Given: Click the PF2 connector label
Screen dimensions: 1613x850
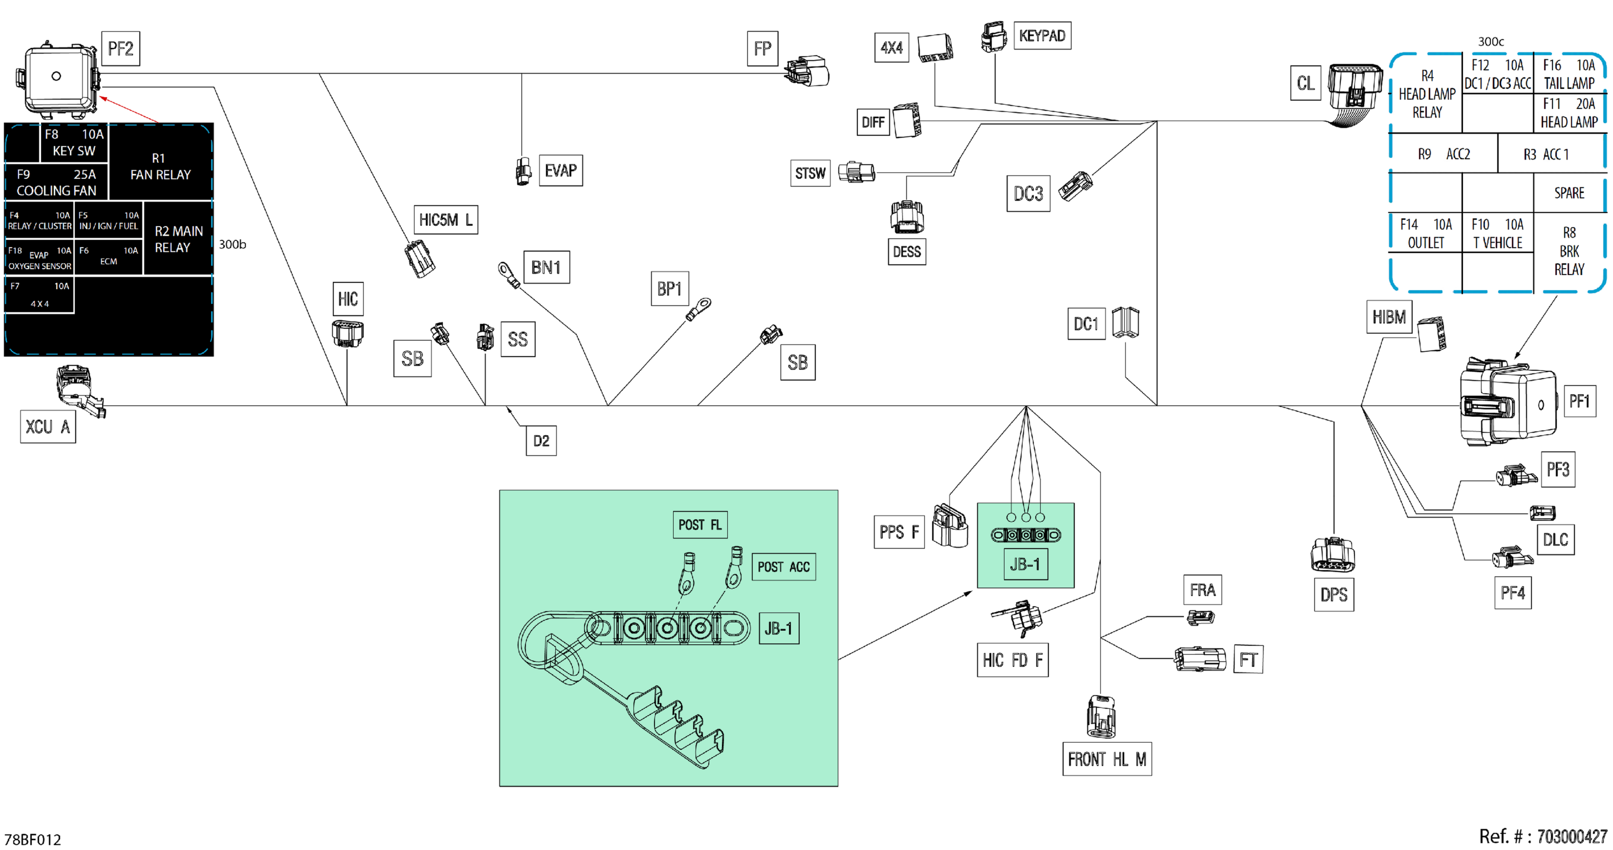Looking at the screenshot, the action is click(x=120, y=48).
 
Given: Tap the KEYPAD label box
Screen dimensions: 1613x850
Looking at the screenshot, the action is click(x=1042, y=35).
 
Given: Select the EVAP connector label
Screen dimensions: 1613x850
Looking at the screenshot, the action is click(x=560, y=170).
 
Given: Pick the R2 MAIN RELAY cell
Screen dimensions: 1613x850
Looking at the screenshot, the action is click(x=178, y=238).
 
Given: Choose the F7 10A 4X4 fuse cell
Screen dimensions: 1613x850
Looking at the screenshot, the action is click(x=39, y=294).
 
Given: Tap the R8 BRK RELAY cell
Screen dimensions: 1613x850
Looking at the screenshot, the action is click(x=1569, y=250).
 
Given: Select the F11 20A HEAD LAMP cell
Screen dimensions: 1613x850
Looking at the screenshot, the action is click(x=1569, y=112).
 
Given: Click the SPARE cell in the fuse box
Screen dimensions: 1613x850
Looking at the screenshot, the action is click(x=1569, y=193).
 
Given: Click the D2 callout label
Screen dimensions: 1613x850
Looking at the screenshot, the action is click(x=541, y=441).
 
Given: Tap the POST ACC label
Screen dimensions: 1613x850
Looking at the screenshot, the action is click(x=783, y=567).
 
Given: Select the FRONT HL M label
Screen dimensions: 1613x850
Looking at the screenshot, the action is click(x=1107, y=759).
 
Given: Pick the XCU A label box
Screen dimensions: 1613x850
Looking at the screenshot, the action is click(x=47, y=426).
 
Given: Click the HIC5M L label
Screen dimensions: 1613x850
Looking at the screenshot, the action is click(x=446, y=220).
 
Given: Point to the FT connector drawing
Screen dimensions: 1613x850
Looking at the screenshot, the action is click(x=1199, y=659).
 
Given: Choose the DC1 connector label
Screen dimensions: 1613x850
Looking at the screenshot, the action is click(x=1086, y=324).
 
